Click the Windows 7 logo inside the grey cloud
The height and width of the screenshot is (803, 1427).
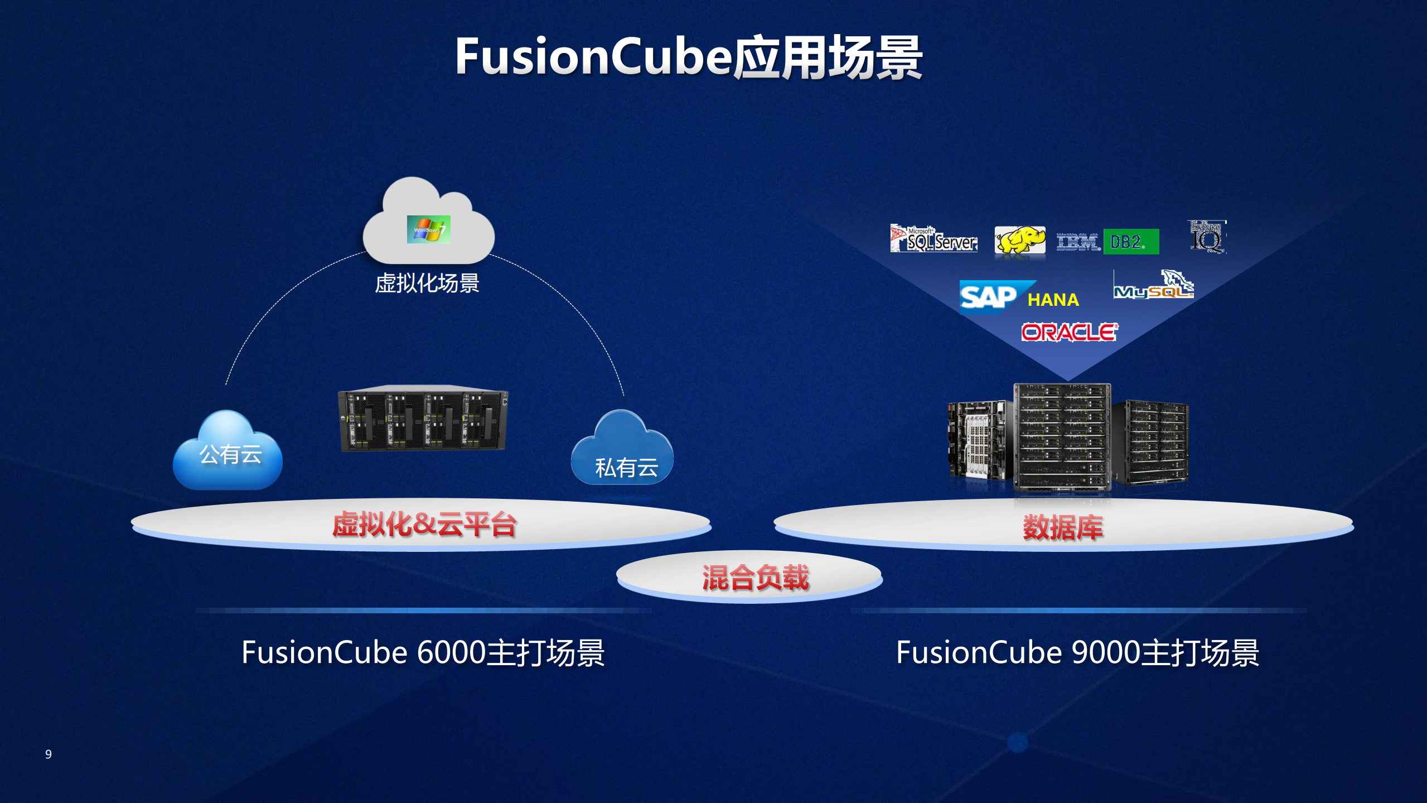(428, 229)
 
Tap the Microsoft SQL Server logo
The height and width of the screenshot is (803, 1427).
(933, 239)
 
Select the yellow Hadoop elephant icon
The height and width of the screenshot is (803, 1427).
(1019, 240)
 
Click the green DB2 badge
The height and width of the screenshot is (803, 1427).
(1130, 242)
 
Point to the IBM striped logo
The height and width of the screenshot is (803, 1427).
(1077, 242)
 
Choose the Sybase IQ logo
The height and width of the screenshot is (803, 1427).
(1207, 237)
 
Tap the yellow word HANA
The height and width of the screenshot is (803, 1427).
(1053, 300)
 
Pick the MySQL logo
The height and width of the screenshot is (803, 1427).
(1153, 286)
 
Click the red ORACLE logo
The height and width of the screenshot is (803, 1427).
(1069, 333)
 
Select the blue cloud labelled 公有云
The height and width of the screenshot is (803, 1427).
(228, 452)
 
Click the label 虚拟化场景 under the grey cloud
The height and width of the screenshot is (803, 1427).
(427, 283)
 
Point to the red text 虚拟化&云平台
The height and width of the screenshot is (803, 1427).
(424, 525)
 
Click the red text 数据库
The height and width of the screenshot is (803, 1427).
(1062, 527)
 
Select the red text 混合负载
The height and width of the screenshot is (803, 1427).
(754, 578)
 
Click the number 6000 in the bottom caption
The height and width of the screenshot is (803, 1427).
(451, 652)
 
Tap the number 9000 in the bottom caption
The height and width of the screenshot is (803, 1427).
(1105, 652)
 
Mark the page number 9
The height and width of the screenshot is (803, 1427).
(49, 754)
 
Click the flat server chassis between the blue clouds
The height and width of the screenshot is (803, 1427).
(423, 419)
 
